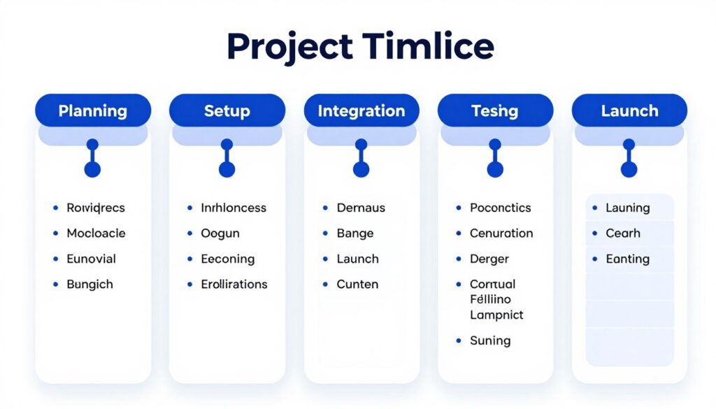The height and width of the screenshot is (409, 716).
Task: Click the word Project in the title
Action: (x=289, y=48)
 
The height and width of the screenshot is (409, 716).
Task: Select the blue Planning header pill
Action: (x=93, y=110)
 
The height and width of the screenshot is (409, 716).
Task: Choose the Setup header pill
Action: (x=227, y=110)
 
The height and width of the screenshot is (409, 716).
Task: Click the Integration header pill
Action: (x=361, y=110)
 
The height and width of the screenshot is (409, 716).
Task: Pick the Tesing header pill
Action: (x=494, y=110)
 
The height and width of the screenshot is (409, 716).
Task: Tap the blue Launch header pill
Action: (x=629, y=110)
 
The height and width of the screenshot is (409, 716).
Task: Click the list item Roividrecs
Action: (x=94, y=208)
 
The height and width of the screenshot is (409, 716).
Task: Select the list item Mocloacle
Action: (x=96, y=234)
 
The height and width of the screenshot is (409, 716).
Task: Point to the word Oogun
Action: (x=220, y=234)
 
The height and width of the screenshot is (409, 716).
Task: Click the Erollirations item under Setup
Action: (x=234, y=285)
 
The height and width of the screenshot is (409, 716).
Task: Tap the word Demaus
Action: (x=361, y=208)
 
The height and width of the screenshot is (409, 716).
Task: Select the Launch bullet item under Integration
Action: (x=357, y=259)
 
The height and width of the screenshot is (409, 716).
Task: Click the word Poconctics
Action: (x=500, y=208)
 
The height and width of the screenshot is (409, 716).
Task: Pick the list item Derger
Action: (x=489, y=259)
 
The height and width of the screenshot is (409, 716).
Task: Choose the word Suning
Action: (x=490, y=341)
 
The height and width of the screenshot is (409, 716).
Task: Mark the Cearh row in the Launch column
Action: (x=622, y=234)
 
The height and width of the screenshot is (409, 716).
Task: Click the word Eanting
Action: (x=627, y=259)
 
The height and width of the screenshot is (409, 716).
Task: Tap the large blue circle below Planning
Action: (x=92, y=169)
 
